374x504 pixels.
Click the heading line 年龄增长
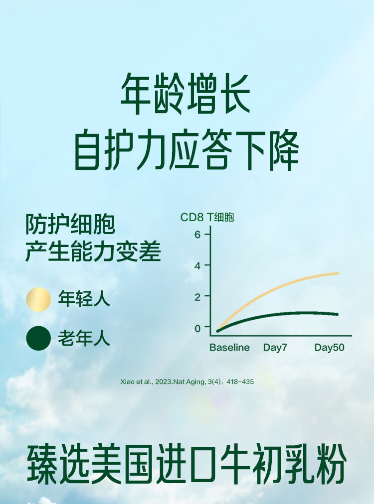coord(186,94)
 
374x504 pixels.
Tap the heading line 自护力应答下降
coord(187,150)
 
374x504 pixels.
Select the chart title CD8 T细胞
coord(207,217)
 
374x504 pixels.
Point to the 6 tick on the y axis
coord(197,235)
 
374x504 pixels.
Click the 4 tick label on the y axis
coord(197,266)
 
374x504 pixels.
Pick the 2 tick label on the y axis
coord(197,297)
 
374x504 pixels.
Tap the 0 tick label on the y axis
coord(197,328)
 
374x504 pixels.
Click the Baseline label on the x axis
coord(229,348)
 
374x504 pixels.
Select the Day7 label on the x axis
coord(275,348)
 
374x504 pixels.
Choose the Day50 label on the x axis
coord(329,348)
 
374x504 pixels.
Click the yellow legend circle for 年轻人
coord(38,299)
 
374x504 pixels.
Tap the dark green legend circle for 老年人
coord(38,338)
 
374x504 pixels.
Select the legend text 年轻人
coord(84,299)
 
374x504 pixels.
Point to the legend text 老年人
coord(84,338)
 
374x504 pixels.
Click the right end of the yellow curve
coord(338,273)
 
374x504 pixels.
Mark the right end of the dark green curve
coord(337,314)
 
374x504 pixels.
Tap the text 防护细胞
coord(70,224)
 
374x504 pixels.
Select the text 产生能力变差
coord(93,251)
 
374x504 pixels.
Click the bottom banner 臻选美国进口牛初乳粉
coord(187,465)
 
